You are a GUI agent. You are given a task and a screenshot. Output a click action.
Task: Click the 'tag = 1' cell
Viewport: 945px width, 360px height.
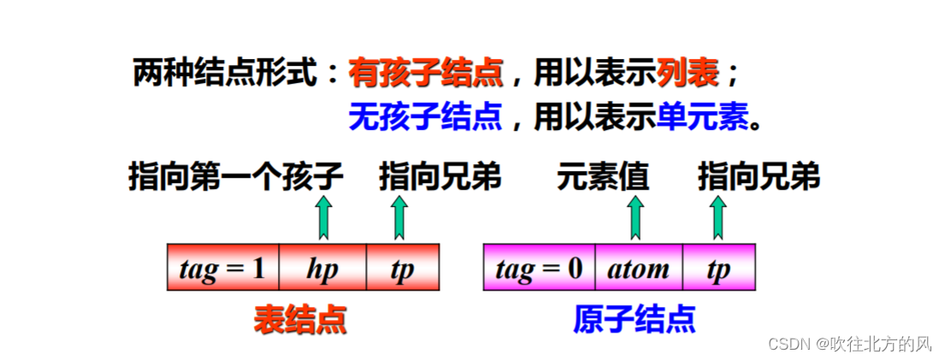[222, 269]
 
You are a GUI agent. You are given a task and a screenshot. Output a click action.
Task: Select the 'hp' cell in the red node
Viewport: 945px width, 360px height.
[322, 269]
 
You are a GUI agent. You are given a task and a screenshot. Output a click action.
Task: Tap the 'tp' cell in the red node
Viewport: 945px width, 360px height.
[402, 269]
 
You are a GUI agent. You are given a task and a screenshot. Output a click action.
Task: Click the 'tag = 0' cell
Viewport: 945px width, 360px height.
[539, 269]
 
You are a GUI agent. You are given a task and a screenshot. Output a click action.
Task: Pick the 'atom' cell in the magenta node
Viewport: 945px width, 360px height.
[638, 269]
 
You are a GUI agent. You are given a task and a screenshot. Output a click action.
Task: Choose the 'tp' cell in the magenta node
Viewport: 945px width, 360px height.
[718, 269]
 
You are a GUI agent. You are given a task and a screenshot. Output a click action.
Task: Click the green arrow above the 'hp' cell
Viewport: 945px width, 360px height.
[322, 217]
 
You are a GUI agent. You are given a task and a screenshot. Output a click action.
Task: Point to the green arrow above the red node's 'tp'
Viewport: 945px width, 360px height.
[399, 217]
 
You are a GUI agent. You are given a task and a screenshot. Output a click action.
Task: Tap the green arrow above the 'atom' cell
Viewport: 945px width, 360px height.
[635, 217]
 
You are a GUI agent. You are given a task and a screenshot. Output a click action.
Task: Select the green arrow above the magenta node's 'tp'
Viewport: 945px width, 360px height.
[718, 217]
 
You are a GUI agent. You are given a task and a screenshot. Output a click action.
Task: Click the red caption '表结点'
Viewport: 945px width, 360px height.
[300, 320]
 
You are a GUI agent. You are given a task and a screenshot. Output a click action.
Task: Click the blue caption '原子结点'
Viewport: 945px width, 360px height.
[634, 320]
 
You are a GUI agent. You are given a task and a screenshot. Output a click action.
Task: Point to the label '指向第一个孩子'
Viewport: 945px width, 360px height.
[236, 178]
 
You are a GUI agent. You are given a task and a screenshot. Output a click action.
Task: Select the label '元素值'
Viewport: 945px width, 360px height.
[602, 178]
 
